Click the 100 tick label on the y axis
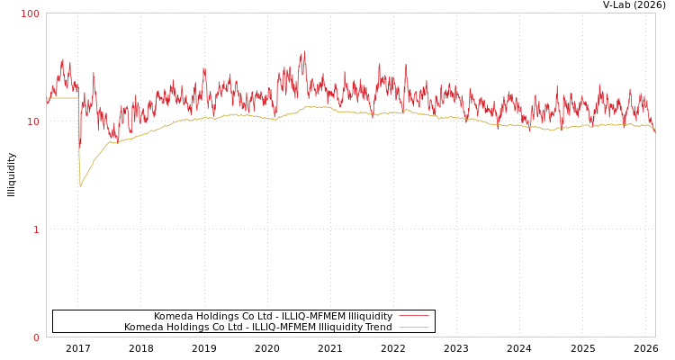point(31,13)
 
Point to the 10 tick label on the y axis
point(33,121)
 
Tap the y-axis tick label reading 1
point(36,229)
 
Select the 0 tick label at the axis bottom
point(36,337)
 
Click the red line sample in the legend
point(413,316)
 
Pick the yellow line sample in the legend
point(413,327)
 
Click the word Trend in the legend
point(377,327)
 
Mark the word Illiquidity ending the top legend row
point(370,316)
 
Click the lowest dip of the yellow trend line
point(80,186)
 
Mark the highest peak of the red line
point(304,52)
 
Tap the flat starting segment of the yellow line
point(62,98)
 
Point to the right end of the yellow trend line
point(654,131)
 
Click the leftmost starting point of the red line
point(47,101)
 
